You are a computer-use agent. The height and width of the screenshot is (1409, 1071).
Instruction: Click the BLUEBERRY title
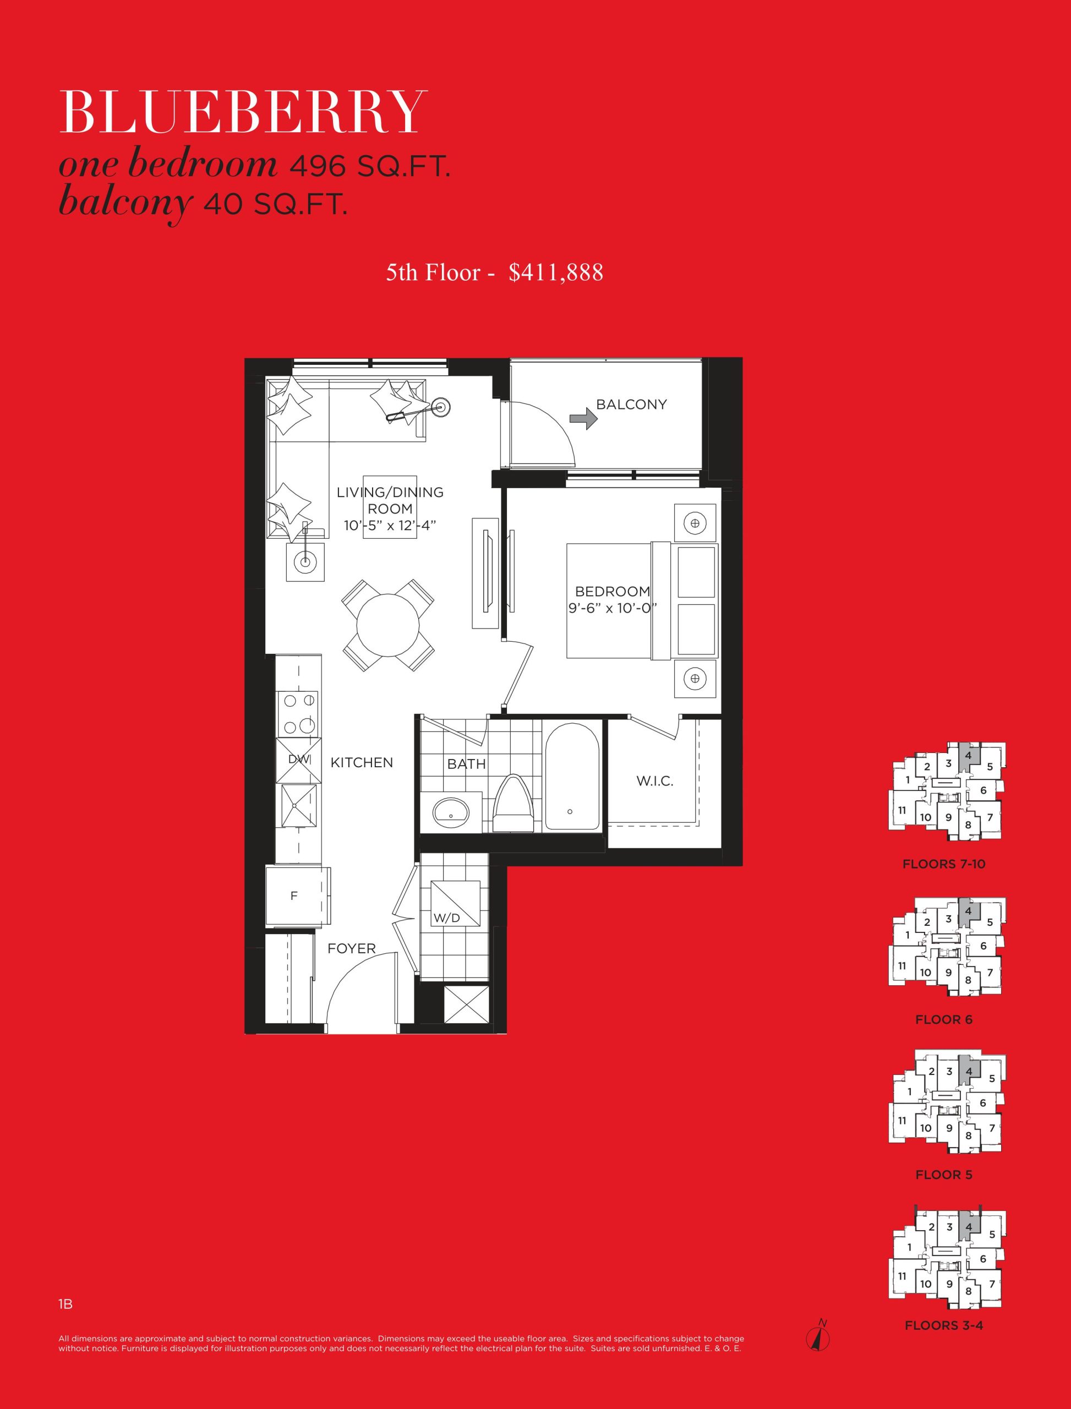tap(243, 112)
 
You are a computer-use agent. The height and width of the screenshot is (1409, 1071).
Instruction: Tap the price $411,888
tap(556, 272)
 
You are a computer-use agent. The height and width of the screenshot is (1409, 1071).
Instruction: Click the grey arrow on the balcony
tap(583, 418)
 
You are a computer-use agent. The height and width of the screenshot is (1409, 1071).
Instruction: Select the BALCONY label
tap(631, 404)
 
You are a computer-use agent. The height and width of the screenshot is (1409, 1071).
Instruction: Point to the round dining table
tap(387, 625)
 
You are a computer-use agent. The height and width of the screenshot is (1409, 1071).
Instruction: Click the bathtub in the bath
tap(572, 777)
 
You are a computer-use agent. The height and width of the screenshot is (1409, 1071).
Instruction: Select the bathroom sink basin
tap(451, 812)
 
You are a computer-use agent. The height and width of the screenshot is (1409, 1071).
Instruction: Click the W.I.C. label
tap(655, 781)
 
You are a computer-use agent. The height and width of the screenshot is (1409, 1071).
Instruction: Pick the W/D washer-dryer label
tap(446, 918)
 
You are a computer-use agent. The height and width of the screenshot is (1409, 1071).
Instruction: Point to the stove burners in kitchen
tap(298, 713)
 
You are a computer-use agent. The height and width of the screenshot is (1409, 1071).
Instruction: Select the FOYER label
tap(351, 949)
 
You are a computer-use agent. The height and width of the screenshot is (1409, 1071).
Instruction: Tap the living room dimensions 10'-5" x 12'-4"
tap(390, 525)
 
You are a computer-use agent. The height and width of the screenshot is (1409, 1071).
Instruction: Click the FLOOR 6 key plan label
tap(943, 1019)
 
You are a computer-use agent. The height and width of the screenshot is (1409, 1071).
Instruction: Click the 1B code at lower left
tap(65, 1304)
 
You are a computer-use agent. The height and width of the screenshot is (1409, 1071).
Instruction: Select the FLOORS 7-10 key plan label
tap(943, 864)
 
